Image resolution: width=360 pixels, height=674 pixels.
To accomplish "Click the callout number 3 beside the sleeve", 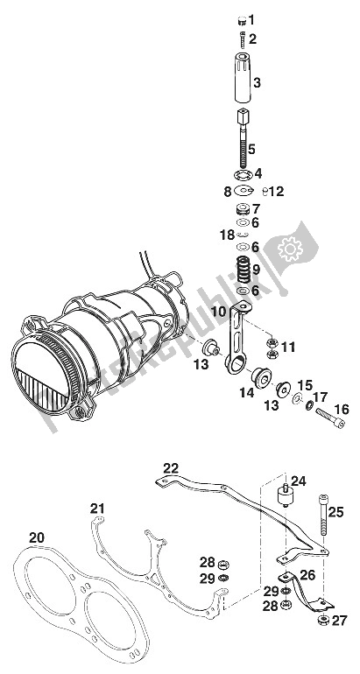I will (257, 83).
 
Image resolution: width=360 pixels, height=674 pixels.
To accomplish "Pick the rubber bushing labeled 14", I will (261, 379).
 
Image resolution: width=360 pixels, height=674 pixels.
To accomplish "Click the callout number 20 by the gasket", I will (35, 537).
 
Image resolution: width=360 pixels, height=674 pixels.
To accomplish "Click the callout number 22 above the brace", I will (170, 467).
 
